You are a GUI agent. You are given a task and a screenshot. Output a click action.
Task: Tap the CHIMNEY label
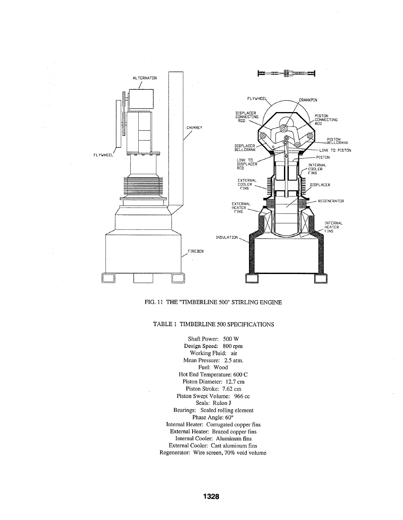click(x=193, y=128)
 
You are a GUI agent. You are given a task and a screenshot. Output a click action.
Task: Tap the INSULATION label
click(x=227, y=238)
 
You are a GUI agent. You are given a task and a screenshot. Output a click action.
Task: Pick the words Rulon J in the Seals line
click(x=216, y=403)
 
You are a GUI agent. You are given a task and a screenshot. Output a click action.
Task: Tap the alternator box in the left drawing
click(x=141, y=99)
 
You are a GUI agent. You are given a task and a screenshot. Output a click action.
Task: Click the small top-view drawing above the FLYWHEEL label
click(x=287, y=74)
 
